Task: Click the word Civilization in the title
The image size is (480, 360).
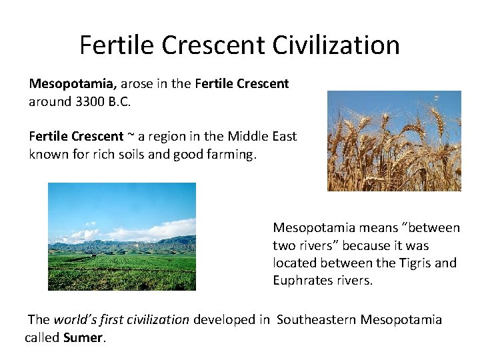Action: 336,45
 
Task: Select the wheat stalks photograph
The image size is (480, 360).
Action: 394,141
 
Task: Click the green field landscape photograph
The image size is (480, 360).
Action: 122,237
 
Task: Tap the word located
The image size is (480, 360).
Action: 294,263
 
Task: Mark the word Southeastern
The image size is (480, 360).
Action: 317,320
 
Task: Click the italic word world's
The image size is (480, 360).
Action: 75,320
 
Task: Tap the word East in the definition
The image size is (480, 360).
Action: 285,137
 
